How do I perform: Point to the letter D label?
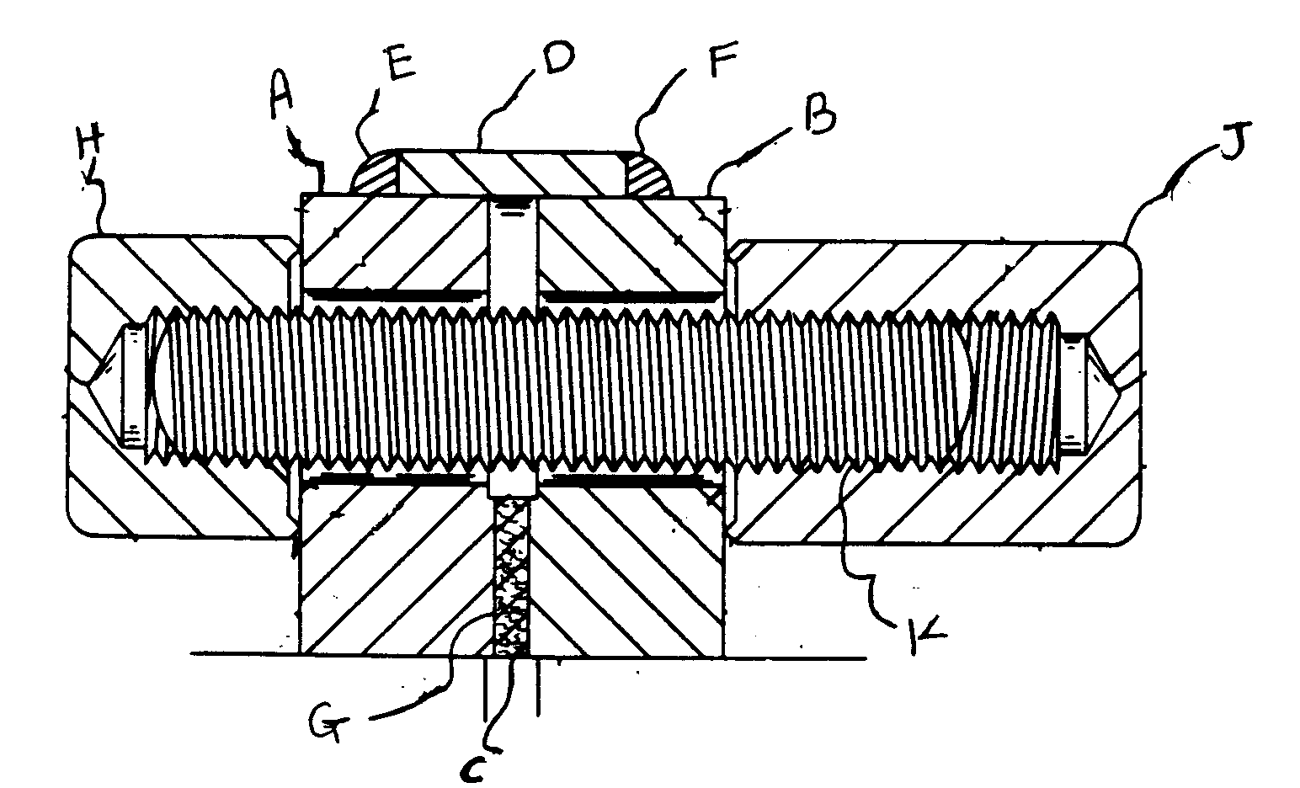pyautogui.click(x=553, y=58)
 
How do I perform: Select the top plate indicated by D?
pyautogui.click(x=514, y=173)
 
